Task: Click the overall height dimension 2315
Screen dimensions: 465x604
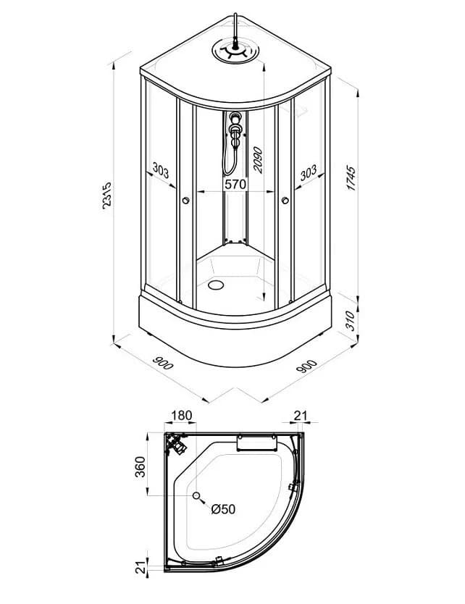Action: point(106,196)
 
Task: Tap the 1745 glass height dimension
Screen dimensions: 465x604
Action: point(351,178)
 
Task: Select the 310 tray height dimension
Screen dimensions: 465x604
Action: point(350,321)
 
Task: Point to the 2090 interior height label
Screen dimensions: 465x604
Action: point(257,160)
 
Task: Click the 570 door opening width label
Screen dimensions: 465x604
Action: point(235,184)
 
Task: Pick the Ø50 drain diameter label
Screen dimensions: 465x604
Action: point(223,509)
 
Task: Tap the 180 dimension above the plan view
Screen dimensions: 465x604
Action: point(181,416)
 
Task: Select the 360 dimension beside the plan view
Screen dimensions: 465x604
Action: point(141,467)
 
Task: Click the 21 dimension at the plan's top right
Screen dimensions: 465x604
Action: point(301,416)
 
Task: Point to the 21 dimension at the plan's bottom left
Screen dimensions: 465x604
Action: point(141,567)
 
